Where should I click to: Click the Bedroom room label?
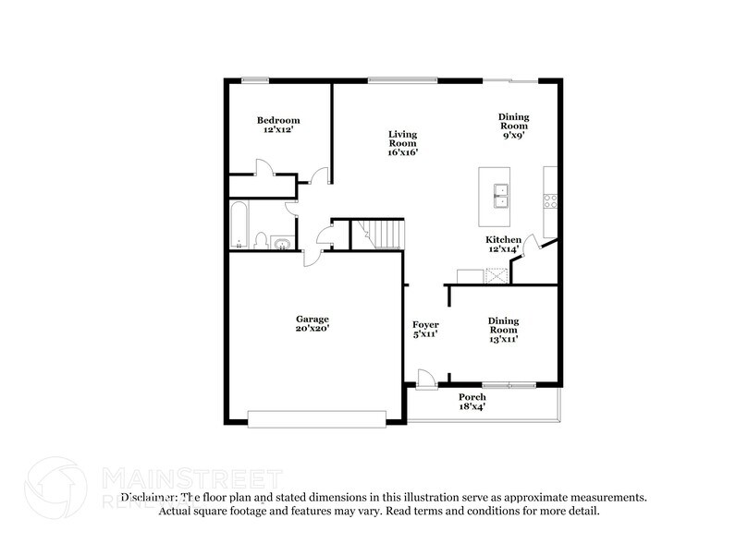[x=278, y=121]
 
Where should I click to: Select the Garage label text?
[x=313, y=319]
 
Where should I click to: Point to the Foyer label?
[x=425, y=325]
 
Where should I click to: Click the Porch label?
[x=472, y=397]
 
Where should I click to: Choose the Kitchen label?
[x=504, y=240]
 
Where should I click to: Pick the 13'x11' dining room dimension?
[x=503, y=339]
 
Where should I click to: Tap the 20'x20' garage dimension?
[x=313, y=329]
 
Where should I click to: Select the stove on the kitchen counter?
[x=549, y=199]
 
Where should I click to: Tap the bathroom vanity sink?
[x=281, y=244]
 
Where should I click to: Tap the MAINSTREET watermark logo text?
[x=190, y=477]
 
